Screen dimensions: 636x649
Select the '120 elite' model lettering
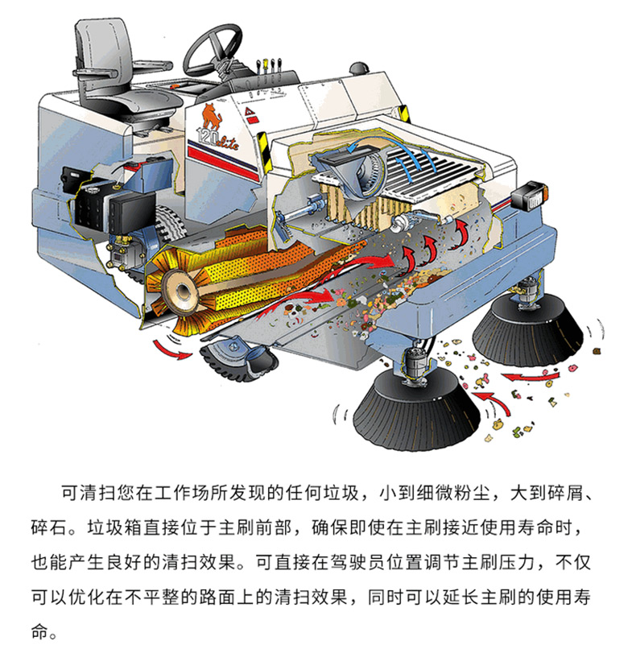[x=217, y=139]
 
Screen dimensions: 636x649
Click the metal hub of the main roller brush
[x=181, y=290]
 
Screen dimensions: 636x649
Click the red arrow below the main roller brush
[x=172, y=349]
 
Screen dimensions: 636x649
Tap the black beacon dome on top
[x=360, y=68]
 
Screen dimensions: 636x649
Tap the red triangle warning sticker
[x=250, y=112]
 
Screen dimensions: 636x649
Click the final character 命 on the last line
[x=39, y=631]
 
